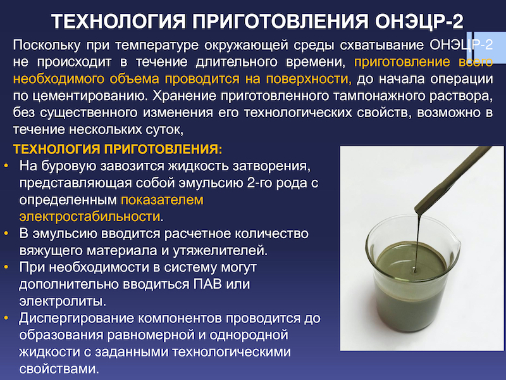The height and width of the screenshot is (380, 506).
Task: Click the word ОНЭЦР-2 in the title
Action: [419, 22]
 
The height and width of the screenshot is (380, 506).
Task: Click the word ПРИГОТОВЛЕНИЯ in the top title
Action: [280, 22]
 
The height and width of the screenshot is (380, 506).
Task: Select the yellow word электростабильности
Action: [90, 217]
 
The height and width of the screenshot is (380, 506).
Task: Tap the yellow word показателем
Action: [163, 200]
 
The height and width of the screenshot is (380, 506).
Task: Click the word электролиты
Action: [63, 301]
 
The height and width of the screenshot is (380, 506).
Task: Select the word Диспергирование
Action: [76, 319]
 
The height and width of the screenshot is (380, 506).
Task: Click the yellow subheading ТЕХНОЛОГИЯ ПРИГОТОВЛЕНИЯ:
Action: [118, 149]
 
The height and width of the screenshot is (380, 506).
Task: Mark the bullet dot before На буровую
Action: [6, 166]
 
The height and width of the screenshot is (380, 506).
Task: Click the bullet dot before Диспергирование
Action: [6, 319]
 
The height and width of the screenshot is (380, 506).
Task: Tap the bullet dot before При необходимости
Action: [6, 267]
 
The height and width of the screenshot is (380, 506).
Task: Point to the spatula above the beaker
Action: [454, 179]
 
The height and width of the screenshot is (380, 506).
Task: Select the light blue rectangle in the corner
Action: [486, 47]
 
